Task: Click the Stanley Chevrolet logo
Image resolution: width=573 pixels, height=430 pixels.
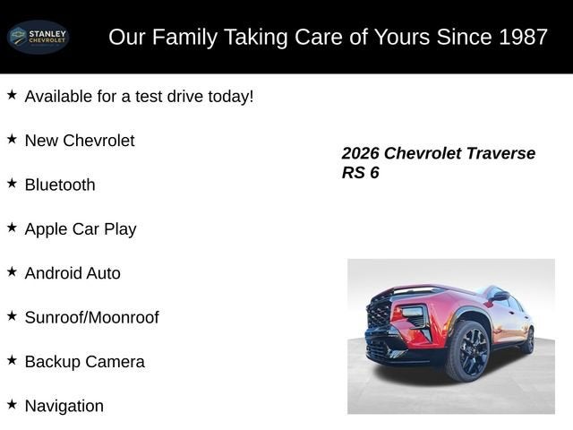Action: (x=38, y=37)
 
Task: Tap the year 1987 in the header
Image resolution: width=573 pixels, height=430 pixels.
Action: (x=522, y=37)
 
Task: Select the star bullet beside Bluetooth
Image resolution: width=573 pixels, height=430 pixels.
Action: (x=12, y=183)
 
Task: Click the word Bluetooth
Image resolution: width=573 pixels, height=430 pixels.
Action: (x=60, y=185)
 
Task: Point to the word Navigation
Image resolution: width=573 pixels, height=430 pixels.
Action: (x=64, y=406)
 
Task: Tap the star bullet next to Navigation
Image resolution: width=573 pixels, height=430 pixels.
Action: (x=12, y=404)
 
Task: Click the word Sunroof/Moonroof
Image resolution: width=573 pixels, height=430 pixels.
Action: (x=91, y=317)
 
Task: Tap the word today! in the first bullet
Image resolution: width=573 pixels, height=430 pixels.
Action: (x=229, y=96)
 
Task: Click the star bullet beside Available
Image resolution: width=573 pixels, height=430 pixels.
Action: (x=12, y=94)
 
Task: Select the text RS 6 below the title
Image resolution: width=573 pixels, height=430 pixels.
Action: (x=360, y=173)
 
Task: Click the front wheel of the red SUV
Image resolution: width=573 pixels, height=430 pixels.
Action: (x=467, y=351)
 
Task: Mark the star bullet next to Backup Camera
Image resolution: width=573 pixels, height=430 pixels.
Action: (x=12, y=360)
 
